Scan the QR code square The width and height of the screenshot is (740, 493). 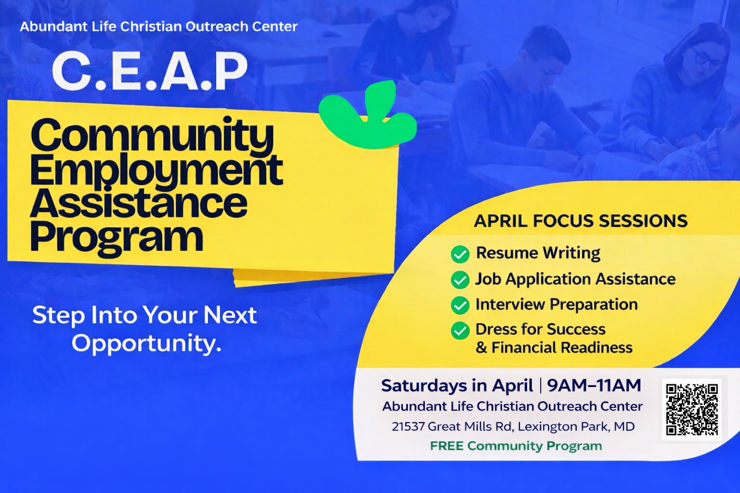(692, 409)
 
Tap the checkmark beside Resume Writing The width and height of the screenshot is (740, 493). (460, 254)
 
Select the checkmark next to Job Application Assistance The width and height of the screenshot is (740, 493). (460, 280)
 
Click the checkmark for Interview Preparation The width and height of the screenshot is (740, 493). (460, 305)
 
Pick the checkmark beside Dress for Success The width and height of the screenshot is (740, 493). (460, 330)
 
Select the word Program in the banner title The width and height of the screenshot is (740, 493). (117, 237)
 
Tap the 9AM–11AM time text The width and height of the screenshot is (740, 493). (594, 385)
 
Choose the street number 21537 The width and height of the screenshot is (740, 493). (408, 427)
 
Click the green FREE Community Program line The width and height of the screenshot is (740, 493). (516, 446)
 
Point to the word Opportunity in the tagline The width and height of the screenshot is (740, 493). (146, 344)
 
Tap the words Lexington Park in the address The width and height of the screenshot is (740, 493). (563, 427)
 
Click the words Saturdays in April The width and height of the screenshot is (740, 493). (457, 385)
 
